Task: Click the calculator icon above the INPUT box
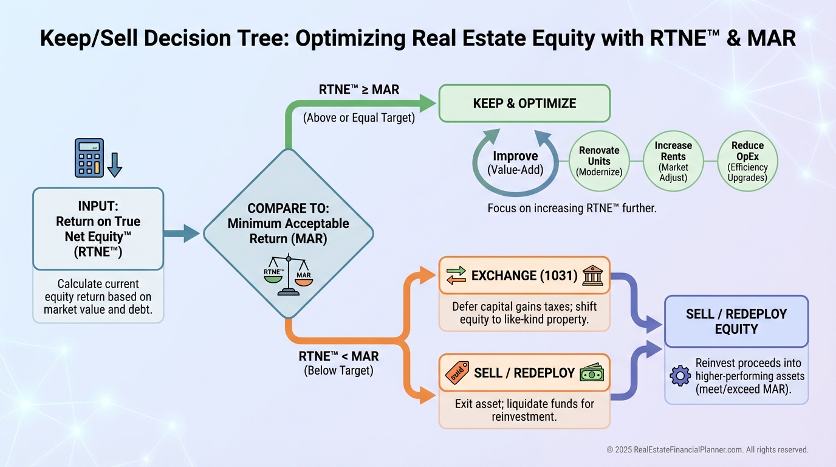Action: (x=89, y=157)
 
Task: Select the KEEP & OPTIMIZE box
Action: (x=524, y=103)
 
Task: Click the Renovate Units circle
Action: (x=599, y=161)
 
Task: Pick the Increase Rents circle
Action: (x=673, y=161)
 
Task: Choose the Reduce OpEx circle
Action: (x=747, y=161)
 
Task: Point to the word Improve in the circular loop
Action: (x=515, y=156)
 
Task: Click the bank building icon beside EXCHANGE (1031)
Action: (x=593, y=275)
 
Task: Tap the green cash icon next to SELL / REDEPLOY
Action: (x=593, y=373)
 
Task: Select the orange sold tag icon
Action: (x=457, y=373)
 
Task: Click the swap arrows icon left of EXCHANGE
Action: (x=456, y=275)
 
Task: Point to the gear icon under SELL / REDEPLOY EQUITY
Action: (x=680, y=375)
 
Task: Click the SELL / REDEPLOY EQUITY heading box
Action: (x=736, y=322)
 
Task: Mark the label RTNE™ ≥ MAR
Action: (x=358, y=90)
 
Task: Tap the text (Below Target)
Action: (x=338, y=370)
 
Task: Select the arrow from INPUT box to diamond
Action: (x=182, y=233)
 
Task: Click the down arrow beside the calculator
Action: (x=114, y=164)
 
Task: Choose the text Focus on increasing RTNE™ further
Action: (x=572, y=208)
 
